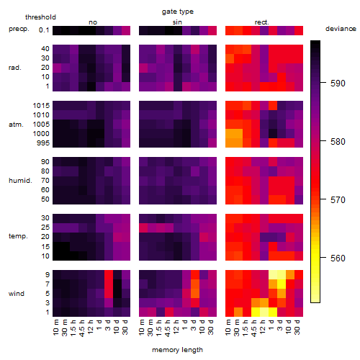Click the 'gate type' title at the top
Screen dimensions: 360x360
(178, 12)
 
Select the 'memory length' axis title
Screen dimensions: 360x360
(177, 350)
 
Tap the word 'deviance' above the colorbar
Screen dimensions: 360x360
(341, 29)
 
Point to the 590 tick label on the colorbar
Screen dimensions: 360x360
(338, 83)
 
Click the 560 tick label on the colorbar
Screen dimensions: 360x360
(338, 258)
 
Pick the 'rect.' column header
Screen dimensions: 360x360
(261, 22)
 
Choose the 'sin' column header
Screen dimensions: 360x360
(177, 22)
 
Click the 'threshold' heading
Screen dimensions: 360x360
(40, 17)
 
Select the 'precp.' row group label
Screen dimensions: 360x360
(19, 29)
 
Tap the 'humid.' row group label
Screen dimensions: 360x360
(20, 180)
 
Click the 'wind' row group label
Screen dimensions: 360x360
(17, 293)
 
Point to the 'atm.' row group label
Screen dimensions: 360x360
(16, 125)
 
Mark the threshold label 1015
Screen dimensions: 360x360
(41, 105)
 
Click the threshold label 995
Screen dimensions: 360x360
(43, 143)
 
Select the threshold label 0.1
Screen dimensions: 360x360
(44, 30)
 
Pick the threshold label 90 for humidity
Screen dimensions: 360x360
(45, 162)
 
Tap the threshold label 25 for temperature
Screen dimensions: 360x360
(45, 227)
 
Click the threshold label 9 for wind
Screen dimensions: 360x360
(48, 274)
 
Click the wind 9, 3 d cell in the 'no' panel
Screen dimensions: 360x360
(109, 274)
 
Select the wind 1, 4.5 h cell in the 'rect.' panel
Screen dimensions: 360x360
(256, 312)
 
